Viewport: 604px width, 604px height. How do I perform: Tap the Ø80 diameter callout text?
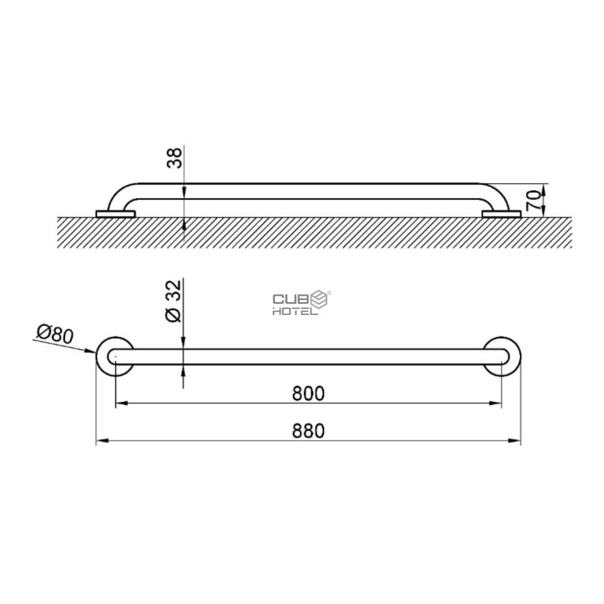click(55, 336)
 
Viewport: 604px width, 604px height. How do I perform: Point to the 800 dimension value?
click(308, 394)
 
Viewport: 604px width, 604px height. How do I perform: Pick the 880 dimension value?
click(308, 431)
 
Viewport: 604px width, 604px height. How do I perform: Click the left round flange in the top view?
click(114, 357)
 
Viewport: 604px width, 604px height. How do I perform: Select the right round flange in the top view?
click(503, 357)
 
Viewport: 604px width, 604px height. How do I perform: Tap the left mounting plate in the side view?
click(113, 214)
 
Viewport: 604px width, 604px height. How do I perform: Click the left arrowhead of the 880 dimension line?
click(101, 442)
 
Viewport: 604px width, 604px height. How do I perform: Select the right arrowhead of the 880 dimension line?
click(517, 442)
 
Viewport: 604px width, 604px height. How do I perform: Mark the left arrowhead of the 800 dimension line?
click(120, 404)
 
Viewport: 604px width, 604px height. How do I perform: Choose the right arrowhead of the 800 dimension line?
click(497, 404)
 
